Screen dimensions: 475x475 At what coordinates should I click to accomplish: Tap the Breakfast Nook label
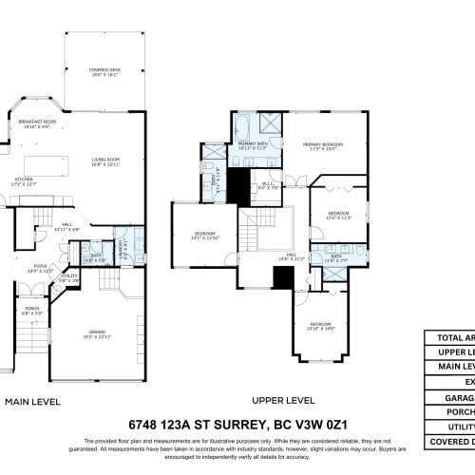click(39, 123)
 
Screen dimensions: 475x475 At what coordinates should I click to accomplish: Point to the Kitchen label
click(26, 180)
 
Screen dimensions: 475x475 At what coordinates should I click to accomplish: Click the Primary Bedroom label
click(326, 145)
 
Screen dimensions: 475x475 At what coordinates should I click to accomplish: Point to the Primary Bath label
click(252, 145)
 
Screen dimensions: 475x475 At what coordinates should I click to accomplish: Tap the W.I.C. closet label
click(269, 186)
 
